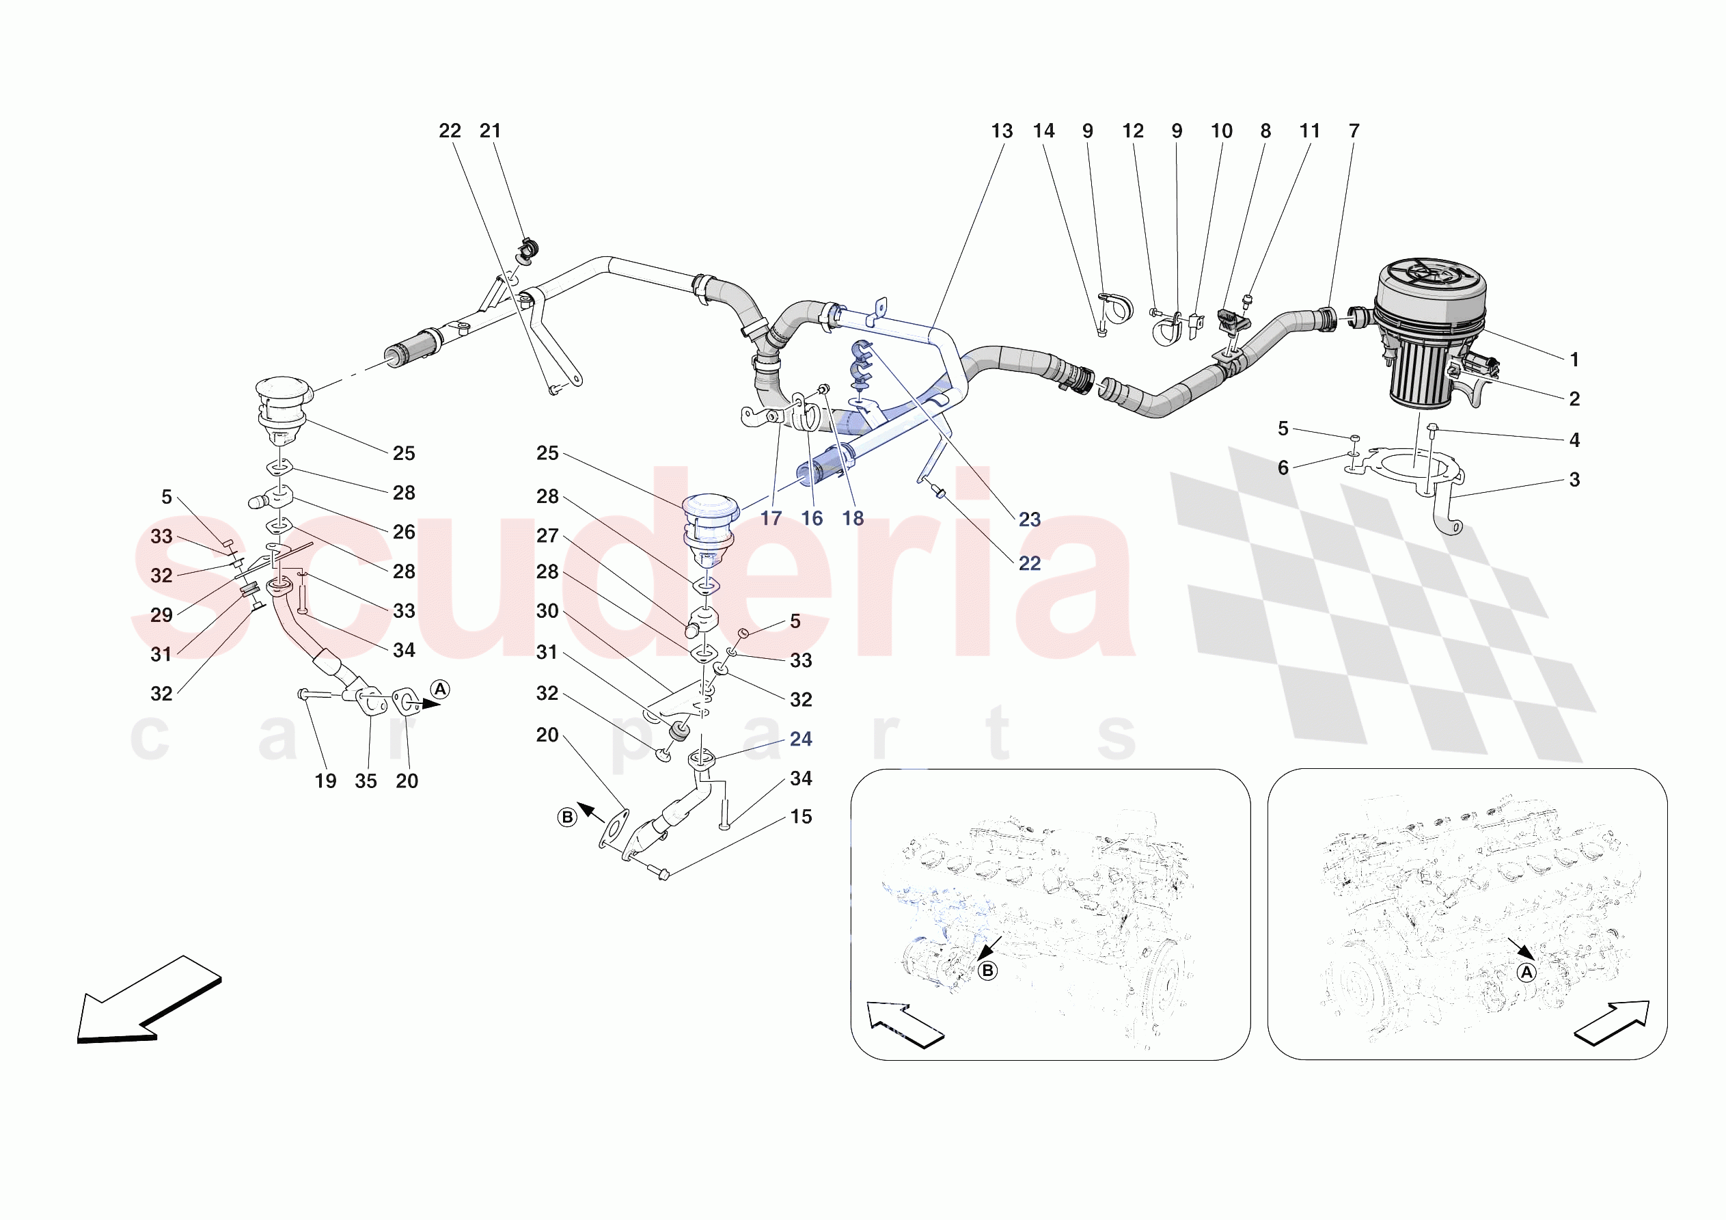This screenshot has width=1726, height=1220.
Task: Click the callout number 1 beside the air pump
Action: click(x=1574, y=360)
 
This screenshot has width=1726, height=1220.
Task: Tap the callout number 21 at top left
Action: click(x=490, y=131)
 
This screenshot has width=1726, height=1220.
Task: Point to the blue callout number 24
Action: click(x=801, y=739)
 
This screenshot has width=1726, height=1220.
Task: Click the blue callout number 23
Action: click(x=1029, y=519)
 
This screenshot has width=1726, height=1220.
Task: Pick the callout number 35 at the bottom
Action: click(x=366, y=781)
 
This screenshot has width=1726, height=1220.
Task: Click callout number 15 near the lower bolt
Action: click(x=801, y=816)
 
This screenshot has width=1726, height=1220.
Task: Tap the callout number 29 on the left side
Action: click(x=162, y=614)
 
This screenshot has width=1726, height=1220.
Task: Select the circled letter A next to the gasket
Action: click(x=440, y=689)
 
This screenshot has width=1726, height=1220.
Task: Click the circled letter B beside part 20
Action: click(x=567, y=817)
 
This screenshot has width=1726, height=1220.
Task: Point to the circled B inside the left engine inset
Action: click(x=988, y=971)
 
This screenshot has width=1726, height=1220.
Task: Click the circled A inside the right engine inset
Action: click(x=1526, y=973)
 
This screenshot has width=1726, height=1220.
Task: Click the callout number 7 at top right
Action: click(x=1353, y=131)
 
